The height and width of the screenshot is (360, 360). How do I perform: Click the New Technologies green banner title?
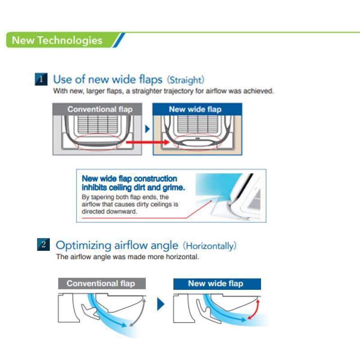tap(57, 40)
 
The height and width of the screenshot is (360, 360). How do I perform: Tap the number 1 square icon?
tap(41, 80)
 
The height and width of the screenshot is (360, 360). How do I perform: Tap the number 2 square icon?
tap(43, 245)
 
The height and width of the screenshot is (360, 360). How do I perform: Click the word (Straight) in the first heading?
tap(185, 80)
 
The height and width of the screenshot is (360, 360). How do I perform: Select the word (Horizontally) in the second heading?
tap(209, 246)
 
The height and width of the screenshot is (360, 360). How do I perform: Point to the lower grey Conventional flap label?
tap(100, 283)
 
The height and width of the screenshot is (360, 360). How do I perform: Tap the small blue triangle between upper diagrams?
tap(147, 129)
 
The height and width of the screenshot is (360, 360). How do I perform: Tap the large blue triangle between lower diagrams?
tap(161, 304)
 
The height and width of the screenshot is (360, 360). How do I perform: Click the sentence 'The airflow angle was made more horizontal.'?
tap(127, 257)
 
